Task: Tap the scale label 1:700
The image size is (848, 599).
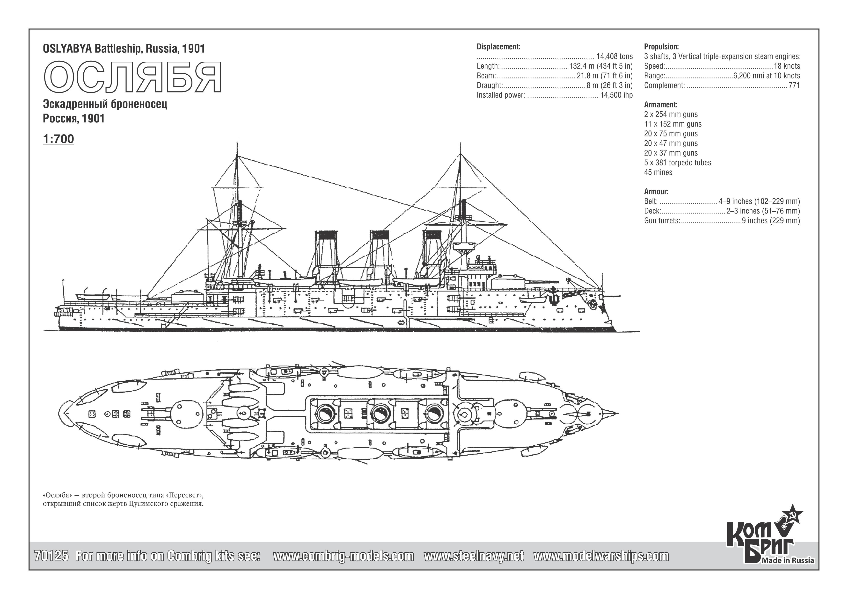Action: (x=58, y=139)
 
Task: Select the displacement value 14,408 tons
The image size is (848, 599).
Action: (x=614, y=57)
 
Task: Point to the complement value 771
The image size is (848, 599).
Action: (x=794, y=85)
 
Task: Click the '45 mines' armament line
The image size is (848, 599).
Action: (x=658, y=172)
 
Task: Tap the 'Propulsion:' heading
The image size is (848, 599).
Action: (x=661, y=47)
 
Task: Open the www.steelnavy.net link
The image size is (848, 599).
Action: (x=474, y=556)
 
